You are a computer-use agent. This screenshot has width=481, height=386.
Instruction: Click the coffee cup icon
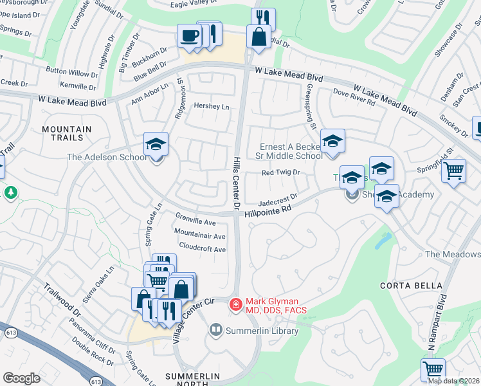[189, 36]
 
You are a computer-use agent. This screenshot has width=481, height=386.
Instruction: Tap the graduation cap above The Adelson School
[156, 145]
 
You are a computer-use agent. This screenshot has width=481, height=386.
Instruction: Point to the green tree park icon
[11, 192]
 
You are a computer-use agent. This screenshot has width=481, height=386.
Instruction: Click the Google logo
[22, 378]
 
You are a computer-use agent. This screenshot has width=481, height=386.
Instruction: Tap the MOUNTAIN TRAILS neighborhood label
[62, 133]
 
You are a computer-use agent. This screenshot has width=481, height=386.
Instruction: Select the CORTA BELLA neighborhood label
[421, 285]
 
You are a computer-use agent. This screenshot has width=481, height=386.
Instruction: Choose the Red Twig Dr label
[281, 172]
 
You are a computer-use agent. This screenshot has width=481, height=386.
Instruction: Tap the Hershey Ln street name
[211, 106]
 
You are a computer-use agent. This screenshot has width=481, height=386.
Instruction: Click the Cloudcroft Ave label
[203, 249]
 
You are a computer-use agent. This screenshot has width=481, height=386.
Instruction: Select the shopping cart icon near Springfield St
[454, 172]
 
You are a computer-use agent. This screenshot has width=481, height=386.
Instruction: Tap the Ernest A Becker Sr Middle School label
[291, 151]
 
